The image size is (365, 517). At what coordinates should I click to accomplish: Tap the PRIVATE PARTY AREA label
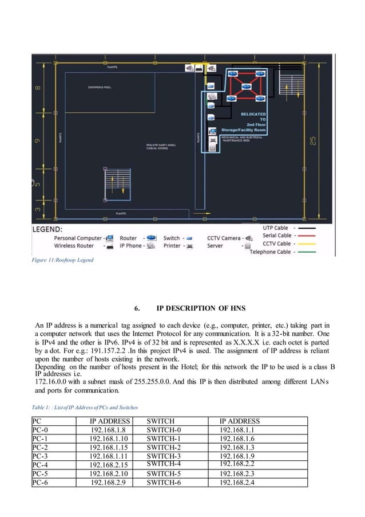161,146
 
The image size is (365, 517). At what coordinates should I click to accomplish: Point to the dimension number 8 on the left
38,88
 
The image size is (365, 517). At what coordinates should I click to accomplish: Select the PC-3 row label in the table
41,457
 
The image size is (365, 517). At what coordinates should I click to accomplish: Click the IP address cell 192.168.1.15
108,447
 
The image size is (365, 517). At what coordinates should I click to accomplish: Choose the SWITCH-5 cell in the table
164,473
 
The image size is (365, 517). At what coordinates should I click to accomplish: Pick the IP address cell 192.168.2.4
237,483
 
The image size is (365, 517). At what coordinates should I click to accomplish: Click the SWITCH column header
161,421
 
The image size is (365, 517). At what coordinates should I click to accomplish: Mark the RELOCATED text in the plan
253,114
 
